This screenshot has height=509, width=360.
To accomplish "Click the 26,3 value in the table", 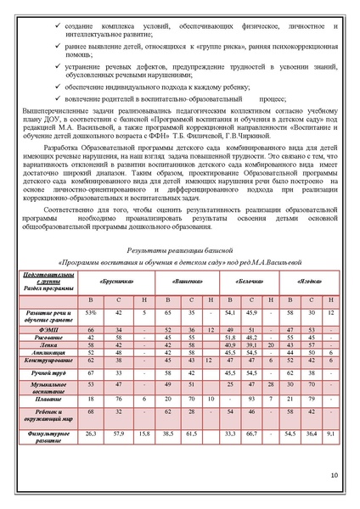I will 92,433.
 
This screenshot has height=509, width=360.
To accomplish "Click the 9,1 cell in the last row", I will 331,433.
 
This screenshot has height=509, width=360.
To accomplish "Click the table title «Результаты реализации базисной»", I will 179,252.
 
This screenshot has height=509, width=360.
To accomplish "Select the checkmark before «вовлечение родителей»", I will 55,98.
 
